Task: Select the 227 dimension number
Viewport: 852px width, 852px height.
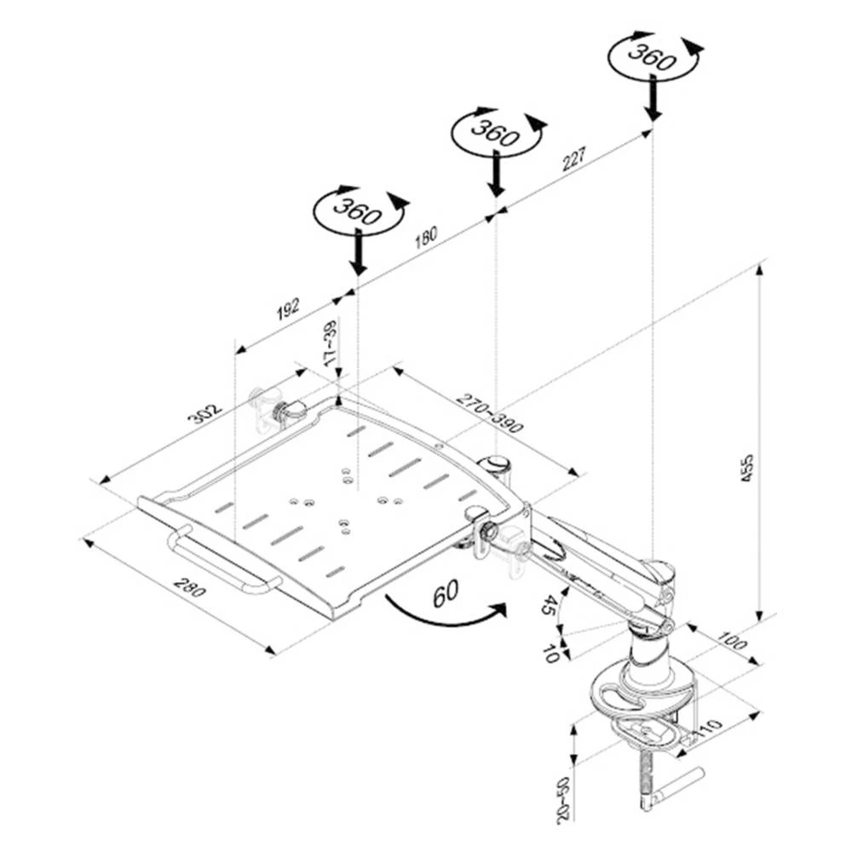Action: (x=576, y=158)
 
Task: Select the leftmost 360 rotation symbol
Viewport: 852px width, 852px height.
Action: (x=358, y=210)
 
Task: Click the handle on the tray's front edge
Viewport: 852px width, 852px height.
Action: (x=226, y=562)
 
